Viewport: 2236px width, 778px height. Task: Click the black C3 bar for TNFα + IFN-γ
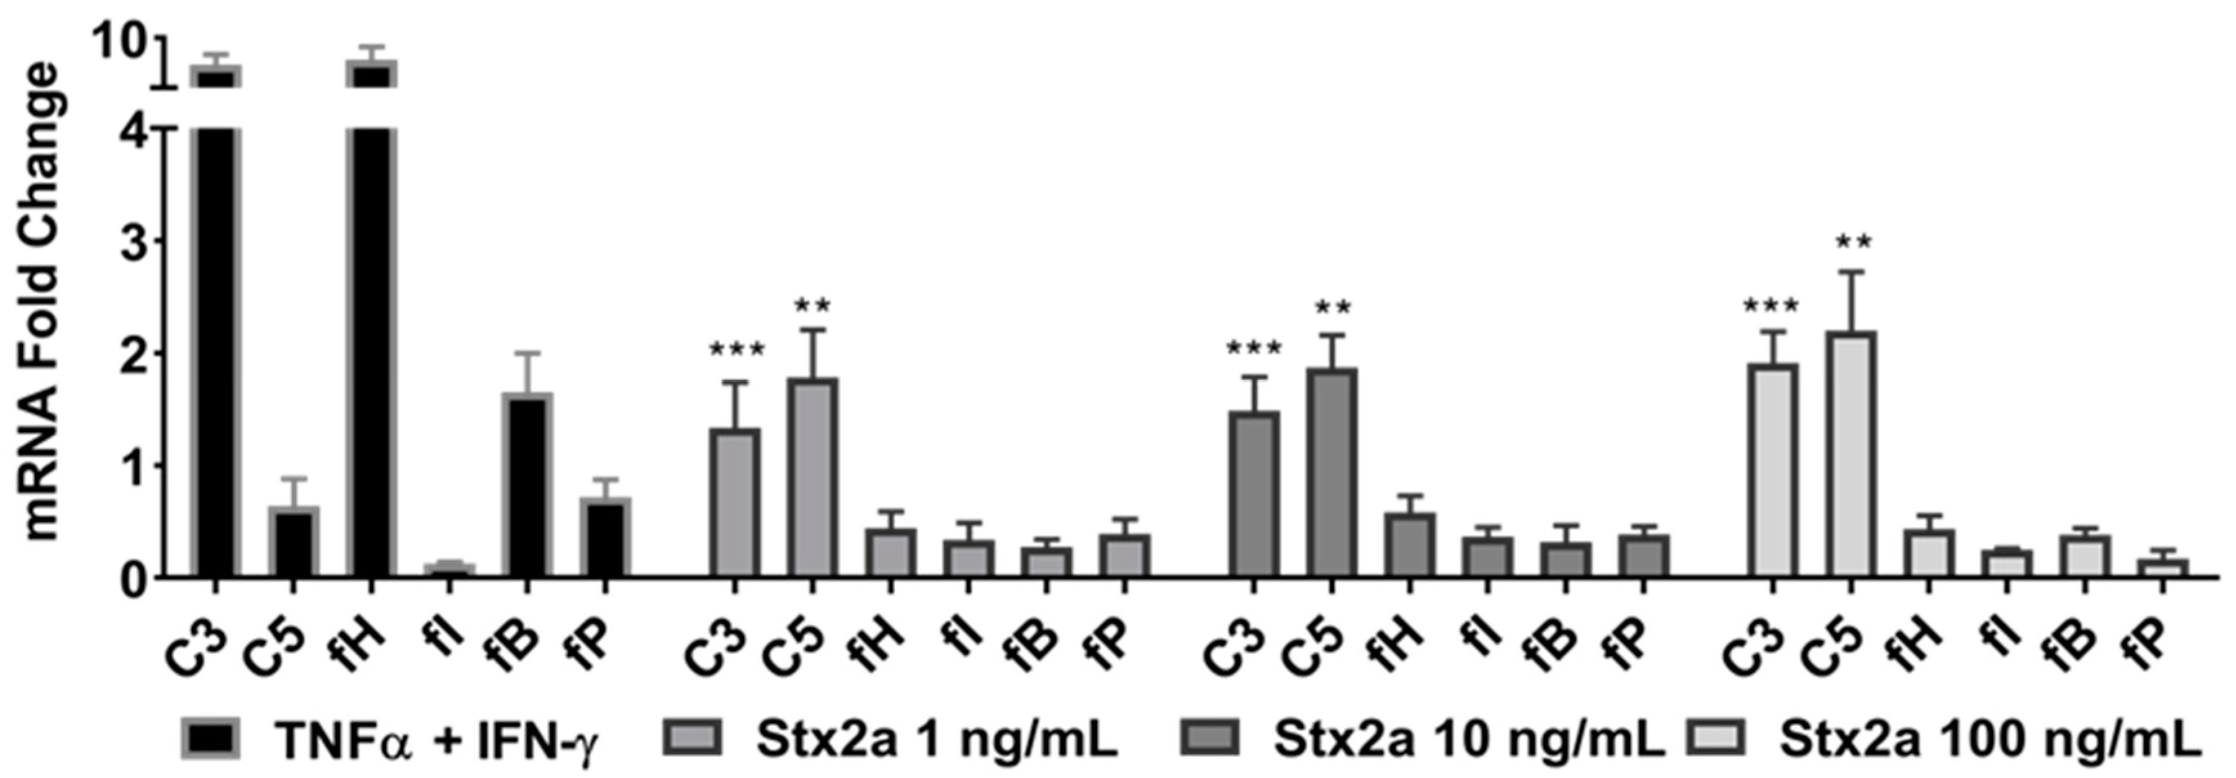(214, 347)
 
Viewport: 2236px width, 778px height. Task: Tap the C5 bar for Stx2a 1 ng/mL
(813, 478)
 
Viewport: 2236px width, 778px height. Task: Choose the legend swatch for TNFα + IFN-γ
(212, 739)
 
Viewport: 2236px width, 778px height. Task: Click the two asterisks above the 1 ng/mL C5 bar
(813, 306)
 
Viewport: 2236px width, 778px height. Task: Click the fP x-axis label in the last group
(2151, 647)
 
